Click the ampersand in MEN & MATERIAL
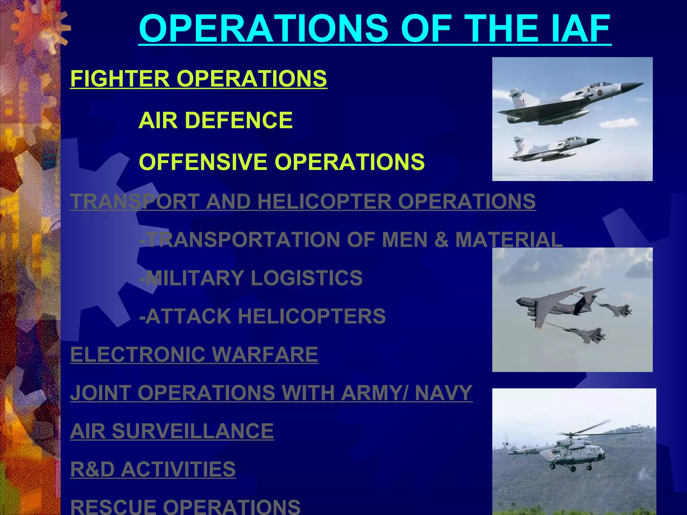tap(441, 240)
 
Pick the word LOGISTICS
tap(307, 278)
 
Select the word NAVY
tap(443, 393)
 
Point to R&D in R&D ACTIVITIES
tap(92, 469)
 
